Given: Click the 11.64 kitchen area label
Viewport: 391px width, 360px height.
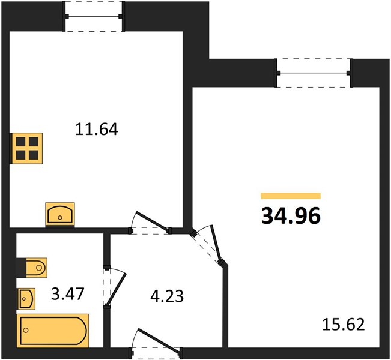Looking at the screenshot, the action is point(96,130).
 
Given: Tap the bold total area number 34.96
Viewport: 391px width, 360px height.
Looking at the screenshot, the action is point(291,216).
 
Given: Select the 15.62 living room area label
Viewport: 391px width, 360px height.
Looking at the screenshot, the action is point(344,325).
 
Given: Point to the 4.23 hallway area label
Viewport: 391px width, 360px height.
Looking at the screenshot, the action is point(167,296).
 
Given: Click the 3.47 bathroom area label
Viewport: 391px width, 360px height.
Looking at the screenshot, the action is point(68,294).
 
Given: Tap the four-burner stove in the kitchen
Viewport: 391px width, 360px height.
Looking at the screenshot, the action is point(26,148).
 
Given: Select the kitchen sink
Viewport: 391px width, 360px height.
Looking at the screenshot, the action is point(60,214).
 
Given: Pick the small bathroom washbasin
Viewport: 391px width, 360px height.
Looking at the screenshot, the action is point(26,298).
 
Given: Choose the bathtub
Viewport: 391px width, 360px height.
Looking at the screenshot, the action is point(53,331).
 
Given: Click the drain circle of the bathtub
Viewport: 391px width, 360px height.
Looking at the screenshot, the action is point(26,330).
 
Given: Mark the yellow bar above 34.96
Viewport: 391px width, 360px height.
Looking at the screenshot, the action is point(291,196).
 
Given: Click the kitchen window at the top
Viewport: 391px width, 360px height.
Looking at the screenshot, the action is point(94,16).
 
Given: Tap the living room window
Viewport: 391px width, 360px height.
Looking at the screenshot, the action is point(314,73).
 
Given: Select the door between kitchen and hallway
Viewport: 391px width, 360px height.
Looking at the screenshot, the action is point(150,223).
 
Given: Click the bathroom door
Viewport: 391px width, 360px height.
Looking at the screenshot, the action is point(115,287).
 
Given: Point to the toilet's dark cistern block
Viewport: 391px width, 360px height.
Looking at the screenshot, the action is point(21,268).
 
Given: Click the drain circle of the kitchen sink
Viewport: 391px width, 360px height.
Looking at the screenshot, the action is point(60,217).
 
